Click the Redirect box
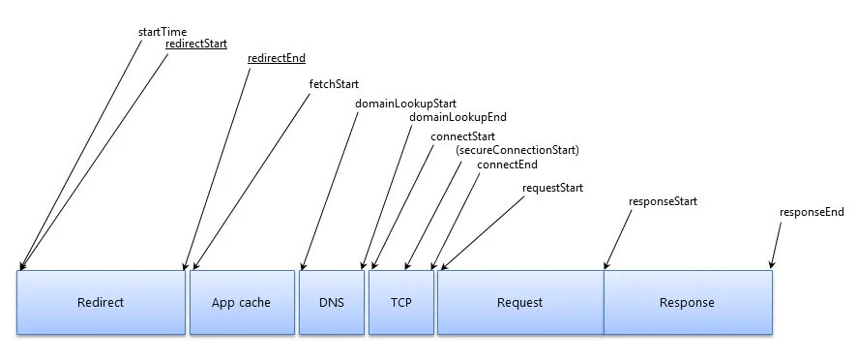101,302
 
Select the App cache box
241,302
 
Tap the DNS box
332,302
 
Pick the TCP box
401,302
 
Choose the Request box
519,302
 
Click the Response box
687,302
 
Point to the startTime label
163,32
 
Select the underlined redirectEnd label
277,58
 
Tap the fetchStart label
334,84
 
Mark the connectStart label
463,136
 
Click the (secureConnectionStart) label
517,150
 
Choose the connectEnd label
507,165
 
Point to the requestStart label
552,187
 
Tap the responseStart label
663,202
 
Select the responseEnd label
812,212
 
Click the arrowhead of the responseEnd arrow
771,266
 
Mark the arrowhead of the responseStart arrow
606,266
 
